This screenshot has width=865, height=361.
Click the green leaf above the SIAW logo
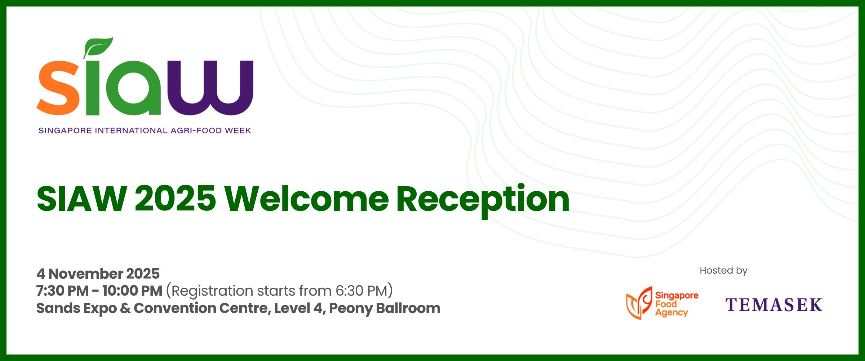pyautogui.click(x=98, y=47)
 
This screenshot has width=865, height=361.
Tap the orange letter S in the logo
pyautogui.click(x=58, y=88)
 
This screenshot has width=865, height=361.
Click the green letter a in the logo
pyautogui.click(x=133, y=88)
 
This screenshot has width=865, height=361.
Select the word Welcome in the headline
pyautogui.click(x=306, y=199)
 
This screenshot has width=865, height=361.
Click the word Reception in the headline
pyautogui.click(x=483, y=201)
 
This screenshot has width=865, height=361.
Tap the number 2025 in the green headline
pyautogui.click(x=176, y=199)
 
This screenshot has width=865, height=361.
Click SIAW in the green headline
pyautogui.click(x=82, y=199)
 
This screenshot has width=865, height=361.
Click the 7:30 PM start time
pyautogui.click(x=62, y=291)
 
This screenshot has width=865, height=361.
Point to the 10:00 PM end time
pyautogui.click(x=132, y=291)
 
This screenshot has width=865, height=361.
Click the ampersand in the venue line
pyautogui.click(x=125, y=308)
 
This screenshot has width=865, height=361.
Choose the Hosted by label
pyautogui.click(x=723, y=271)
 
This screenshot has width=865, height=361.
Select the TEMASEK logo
pyautogui.click(x=774, y=305)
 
